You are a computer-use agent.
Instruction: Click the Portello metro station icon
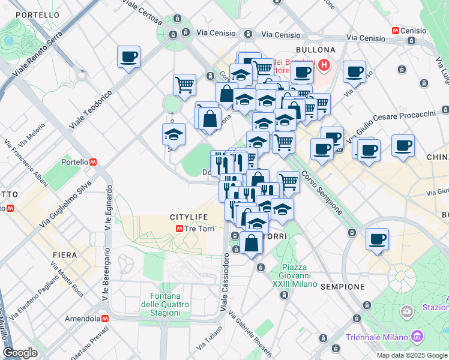pos(94,162)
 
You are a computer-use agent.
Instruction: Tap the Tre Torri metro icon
pos(179,229)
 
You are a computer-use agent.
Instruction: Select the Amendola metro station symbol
pos(105,319)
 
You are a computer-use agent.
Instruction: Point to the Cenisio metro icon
pos(396,30)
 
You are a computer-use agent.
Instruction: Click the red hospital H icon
pos(324,65)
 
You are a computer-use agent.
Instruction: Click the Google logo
pos(20,352)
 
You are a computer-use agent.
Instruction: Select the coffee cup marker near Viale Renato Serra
pos(128,57)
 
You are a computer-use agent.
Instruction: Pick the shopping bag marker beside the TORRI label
pos(252,243)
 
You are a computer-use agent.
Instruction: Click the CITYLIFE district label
pos(188,217)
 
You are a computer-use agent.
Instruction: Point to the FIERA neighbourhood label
pos(64,255)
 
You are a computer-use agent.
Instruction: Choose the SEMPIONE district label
pos(343,287)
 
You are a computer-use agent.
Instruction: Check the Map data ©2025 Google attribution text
pos(411,355)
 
